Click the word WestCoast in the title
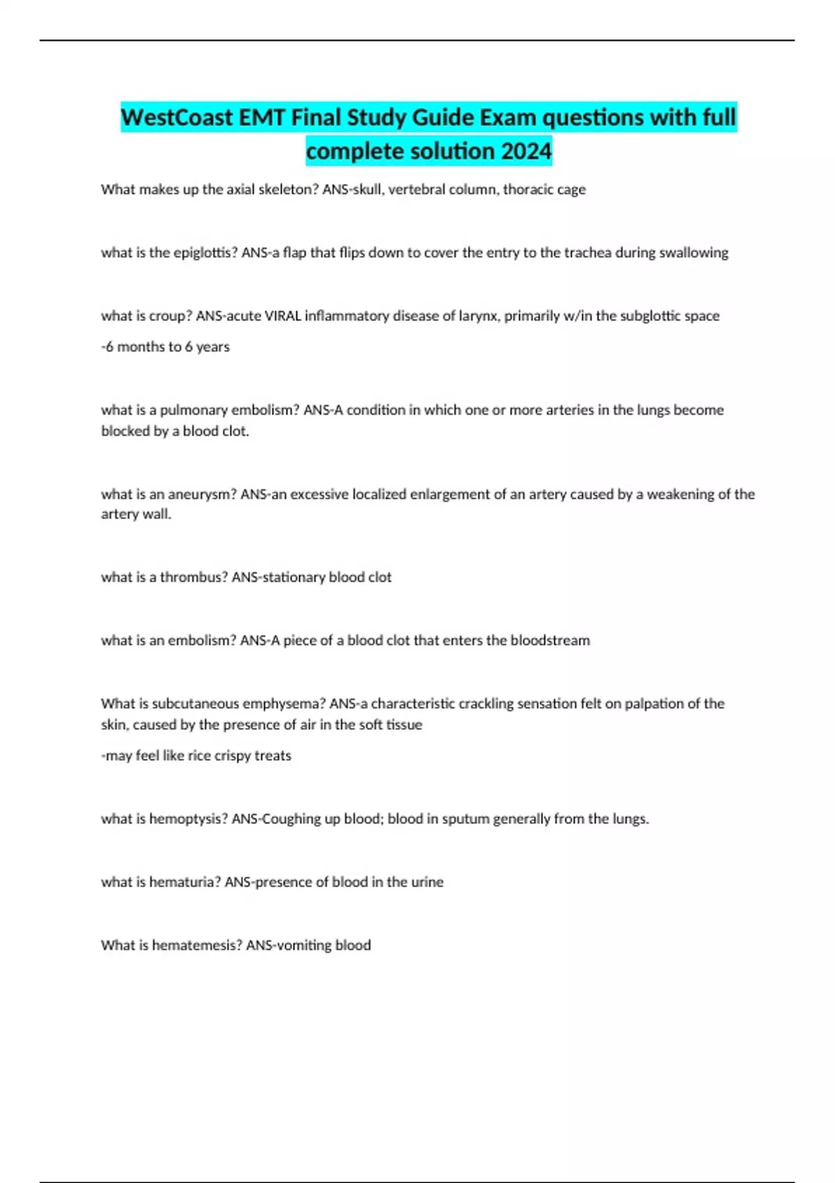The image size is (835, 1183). [x=177, y=118]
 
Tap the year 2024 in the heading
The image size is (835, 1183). [x=526, y=151]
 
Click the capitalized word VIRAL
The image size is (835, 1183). [x=283, y=316]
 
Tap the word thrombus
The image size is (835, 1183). [x=193, y=577]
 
